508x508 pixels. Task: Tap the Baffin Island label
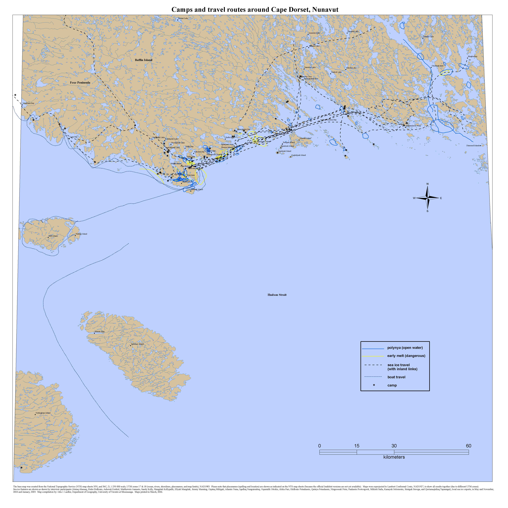(144, 60)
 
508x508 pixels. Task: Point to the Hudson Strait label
(277, 295)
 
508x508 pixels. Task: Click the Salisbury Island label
(137, 344)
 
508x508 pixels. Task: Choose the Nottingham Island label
(43, 413)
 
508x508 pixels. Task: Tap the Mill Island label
(53, 236)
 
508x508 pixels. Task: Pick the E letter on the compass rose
(441, 198)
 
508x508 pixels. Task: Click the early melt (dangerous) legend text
(406, 356)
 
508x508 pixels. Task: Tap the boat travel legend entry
(396, 377)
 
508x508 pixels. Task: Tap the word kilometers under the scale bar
(394, 457)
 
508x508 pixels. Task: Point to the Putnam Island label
(81, 234)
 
